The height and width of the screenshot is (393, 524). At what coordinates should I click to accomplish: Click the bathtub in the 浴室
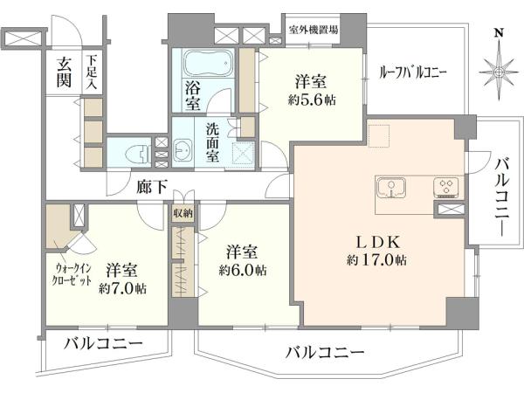point(208,64)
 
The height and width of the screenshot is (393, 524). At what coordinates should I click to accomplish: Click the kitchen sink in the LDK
point(391,190)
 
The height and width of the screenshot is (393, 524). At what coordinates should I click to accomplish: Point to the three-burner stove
point(447,187)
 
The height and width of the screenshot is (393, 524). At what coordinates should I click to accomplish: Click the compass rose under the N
point(499,72)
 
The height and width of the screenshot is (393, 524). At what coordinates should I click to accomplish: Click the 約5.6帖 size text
point(312,100)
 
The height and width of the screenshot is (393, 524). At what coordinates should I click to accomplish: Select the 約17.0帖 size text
point(376,259)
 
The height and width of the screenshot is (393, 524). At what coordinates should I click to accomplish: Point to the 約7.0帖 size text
point(122,288)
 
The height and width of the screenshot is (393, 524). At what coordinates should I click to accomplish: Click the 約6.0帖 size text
point(243,270)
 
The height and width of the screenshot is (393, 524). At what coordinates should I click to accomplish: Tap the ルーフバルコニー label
point(413,72)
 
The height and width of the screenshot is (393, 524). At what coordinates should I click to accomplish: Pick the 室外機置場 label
point(314,30)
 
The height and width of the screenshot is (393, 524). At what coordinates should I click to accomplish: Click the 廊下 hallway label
point(151,187)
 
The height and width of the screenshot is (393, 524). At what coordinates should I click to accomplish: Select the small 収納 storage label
point(183,213)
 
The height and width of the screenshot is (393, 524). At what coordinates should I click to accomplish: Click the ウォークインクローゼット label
point(72,274)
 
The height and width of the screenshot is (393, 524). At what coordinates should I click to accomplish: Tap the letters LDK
point(376,243)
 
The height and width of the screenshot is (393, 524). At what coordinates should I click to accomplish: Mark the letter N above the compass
point(499,33)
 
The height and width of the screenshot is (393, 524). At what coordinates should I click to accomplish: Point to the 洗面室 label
point(212,142)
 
